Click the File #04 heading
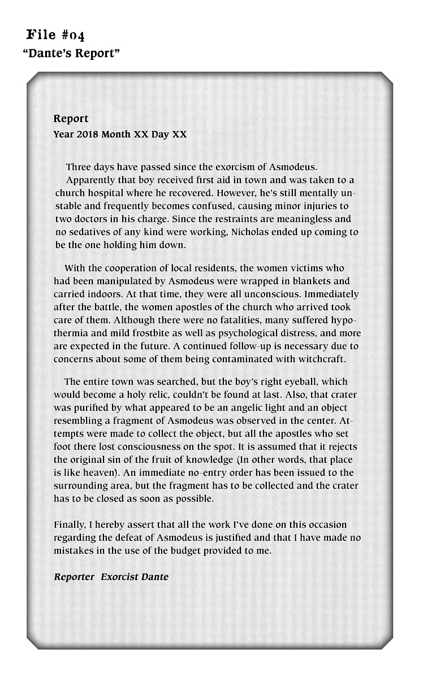(x=56, y=36)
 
